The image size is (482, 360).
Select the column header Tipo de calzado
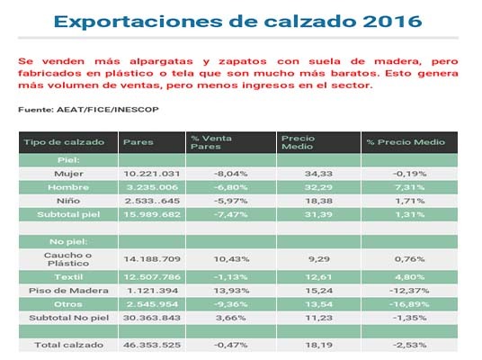tap(58, 142)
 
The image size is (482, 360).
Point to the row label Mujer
tap(68, 173)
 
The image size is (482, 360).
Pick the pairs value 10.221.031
tap(153, 173)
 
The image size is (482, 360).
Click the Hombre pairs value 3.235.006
tap(153, 186)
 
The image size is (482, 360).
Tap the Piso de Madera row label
tap(68, 292)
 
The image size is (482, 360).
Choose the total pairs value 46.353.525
tap(153, 344)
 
